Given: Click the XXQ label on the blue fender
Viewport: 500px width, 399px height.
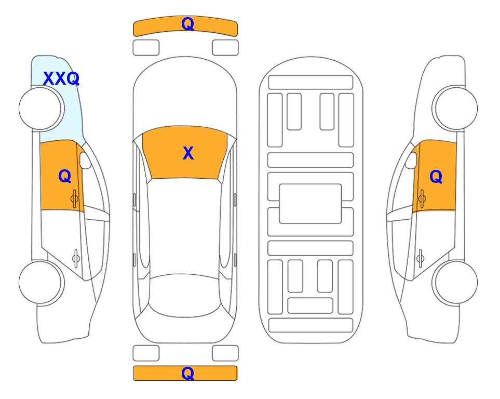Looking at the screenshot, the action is [61, 78].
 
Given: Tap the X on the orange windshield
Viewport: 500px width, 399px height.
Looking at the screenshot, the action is [188, 153].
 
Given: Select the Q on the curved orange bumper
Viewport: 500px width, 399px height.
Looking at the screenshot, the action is [187, 24].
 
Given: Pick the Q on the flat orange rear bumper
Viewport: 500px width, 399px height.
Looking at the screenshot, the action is [187, 373].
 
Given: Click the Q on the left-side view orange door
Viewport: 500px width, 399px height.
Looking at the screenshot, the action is [65, 176].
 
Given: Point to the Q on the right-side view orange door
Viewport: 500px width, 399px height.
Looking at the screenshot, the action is [436, 177].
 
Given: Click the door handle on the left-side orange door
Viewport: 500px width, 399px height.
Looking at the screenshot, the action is [75, 199].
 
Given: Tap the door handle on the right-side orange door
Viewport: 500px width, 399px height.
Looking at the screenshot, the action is [422, 199].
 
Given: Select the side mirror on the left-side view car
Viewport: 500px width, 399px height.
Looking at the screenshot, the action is [85, 160].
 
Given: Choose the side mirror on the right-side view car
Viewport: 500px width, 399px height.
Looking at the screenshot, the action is [411, 160].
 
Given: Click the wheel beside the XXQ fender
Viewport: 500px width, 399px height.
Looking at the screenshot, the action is [42, 109].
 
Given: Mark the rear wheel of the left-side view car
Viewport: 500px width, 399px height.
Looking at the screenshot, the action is [42, 283].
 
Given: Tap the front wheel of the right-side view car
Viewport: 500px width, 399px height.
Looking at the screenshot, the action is [455, 109].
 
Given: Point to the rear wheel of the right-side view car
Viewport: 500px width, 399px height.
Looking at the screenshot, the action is [455, 283].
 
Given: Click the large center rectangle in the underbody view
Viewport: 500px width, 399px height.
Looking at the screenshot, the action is [310, 204].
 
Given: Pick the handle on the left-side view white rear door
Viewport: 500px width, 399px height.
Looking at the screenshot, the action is [76, 258].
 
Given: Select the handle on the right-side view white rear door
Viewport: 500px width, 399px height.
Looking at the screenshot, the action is [420, 258].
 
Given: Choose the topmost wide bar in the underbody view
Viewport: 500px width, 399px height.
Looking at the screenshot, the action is [310, 83].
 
